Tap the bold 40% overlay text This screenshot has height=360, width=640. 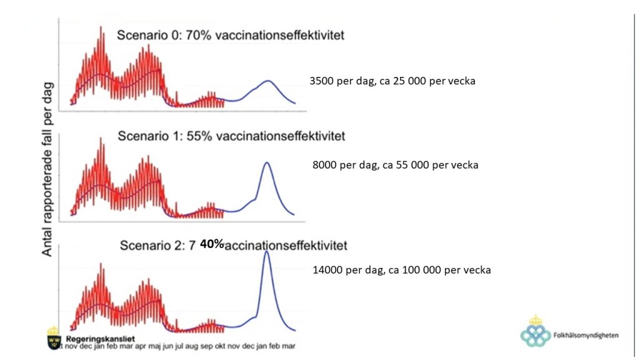click(x=212, y=244)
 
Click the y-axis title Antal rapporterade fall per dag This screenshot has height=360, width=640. click(x=47, y=169)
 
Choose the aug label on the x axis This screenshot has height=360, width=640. click(x=192, y=346)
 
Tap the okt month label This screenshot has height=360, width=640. click(x=220, y=346)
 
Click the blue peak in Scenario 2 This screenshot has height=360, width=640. click(x=267, y=252)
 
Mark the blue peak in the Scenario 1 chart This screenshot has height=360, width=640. click(x=267, y=163)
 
